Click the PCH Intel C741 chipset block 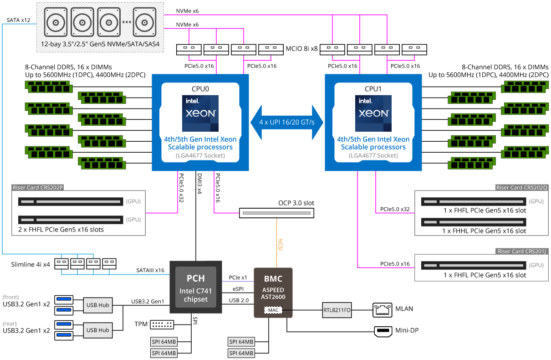[196, 287]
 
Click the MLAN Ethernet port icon [382, 310]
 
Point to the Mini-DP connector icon [382, 331]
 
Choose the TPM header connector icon [162, 324]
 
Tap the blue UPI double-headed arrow [286, 123]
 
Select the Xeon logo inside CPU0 [200, 113]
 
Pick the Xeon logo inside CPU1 [373, 113]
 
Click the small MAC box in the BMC [273, 310]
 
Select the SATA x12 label [19, 20]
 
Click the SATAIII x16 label [150, 270]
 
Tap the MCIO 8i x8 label [301, 48]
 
